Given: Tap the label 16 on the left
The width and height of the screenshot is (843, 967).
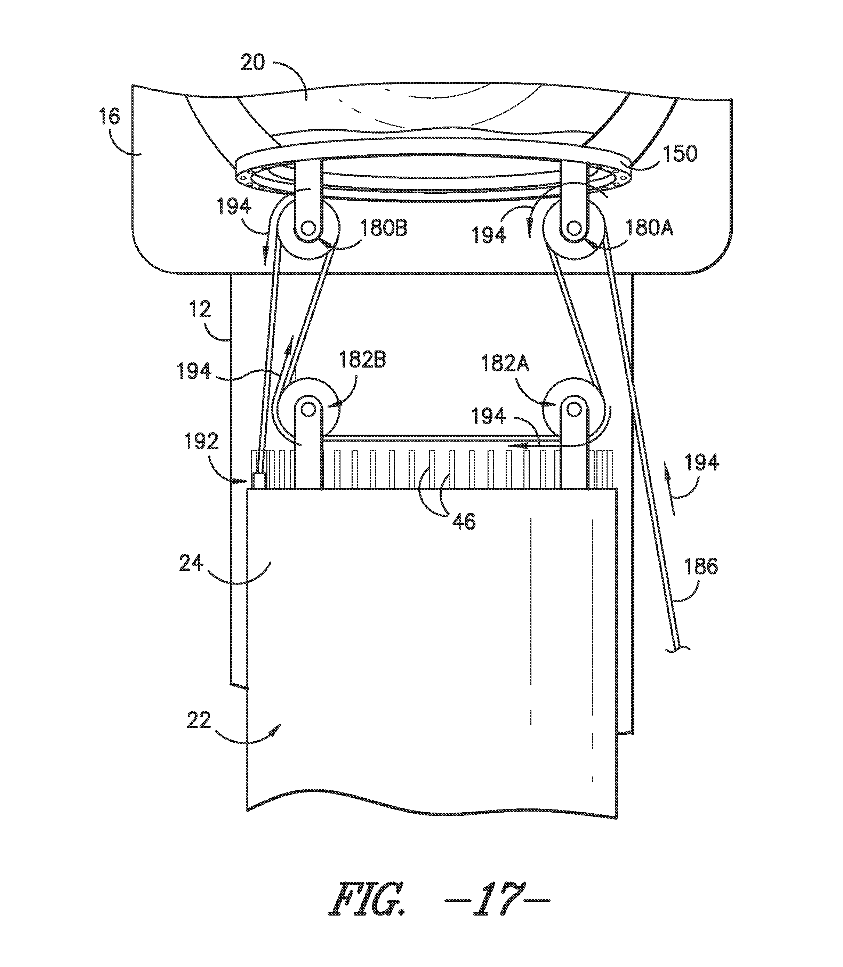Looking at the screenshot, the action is (110, 116).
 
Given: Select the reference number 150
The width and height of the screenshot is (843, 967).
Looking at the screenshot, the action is (679, 153).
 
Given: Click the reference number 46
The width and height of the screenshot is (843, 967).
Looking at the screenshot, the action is (464, 522).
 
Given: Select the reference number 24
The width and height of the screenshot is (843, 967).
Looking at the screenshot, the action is (192, 563).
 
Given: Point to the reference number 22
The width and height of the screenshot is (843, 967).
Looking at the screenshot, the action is (199, 720).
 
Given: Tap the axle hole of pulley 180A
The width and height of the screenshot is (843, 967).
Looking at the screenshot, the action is (573, 229).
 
